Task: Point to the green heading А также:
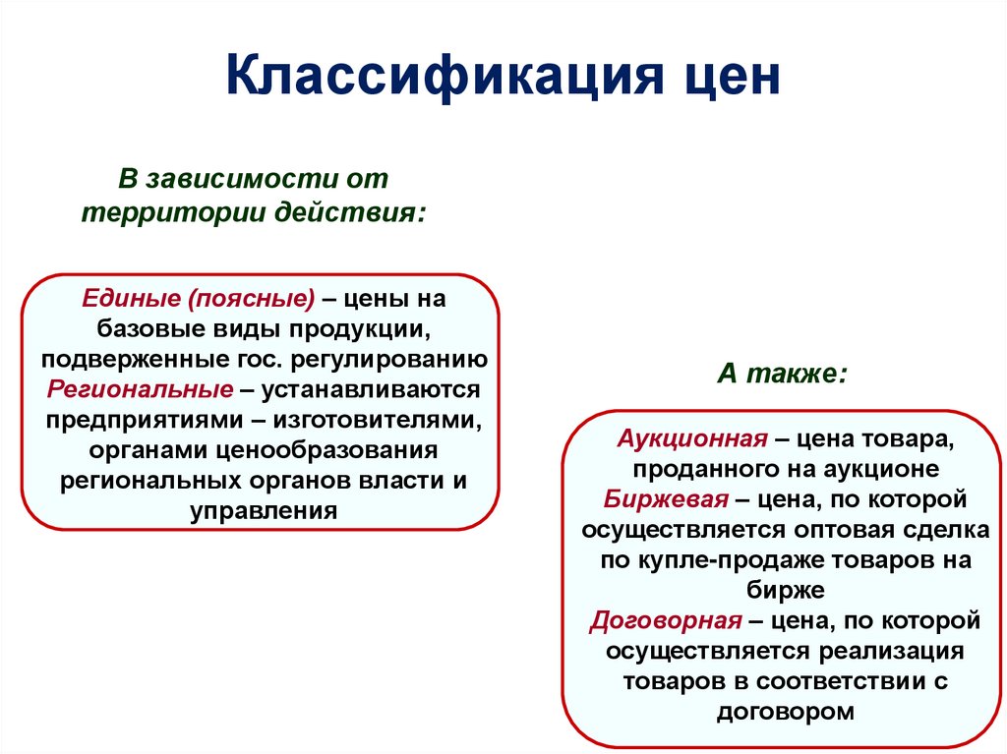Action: (x=782, y=375)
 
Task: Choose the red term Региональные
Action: (x=140, y=388)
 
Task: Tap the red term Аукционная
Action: (x=691, y=438)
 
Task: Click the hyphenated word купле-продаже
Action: (x=712, y=560)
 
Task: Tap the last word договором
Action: (x=785, y=712)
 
